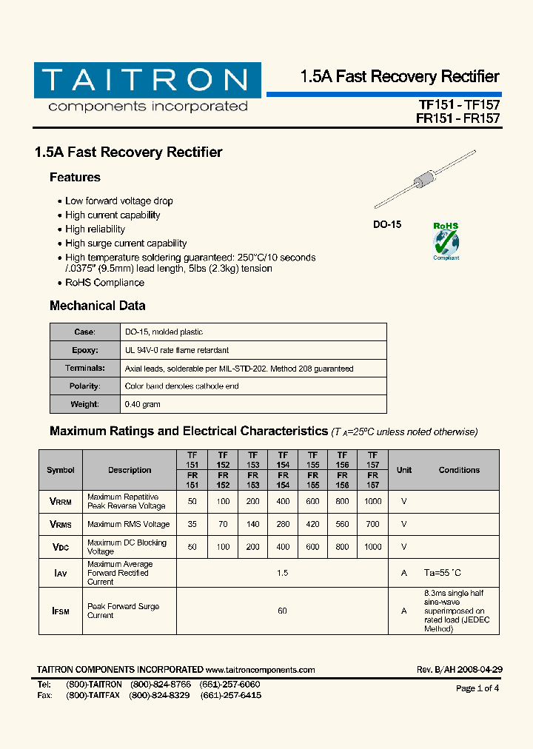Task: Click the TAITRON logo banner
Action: coord(147,80)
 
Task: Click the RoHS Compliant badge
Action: coord(446,241)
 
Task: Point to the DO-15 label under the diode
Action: coord(386,224)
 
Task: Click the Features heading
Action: coord(75,178)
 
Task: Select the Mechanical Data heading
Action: coord(97,306)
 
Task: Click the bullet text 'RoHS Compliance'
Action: coord(104,283)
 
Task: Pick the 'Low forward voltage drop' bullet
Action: coord(118,201)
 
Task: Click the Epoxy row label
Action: coord(84,350)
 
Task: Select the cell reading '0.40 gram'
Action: coord(143,404)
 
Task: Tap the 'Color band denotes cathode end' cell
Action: coord(181,386)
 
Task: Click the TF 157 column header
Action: coord(372,460)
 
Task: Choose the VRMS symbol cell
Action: coord(61,524)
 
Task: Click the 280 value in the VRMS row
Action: coord(283,524)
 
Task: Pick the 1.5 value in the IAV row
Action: coord(282,573)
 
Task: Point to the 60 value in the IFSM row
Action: coord(282,611)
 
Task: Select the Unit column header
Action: coord(404,470)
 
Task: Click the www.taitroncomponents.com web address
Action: coord(261,670)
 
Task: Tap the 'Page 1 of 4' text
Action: coord(477,688)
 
